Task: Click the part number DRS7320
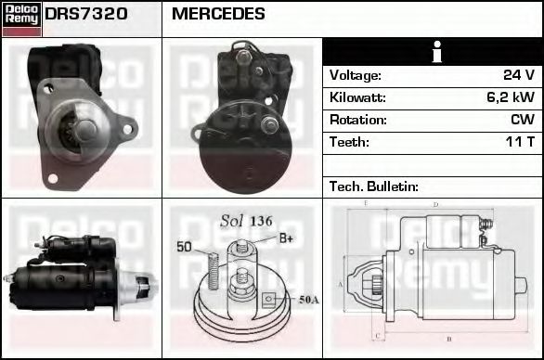click(86, 15)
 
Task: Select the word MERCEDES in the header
click(218, 15)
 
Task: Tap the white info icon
click(434, 52)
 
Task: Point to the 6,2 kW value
click(510, 97)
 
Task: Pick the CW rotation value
click(522, 120)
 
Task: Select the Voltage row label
click(356, 75)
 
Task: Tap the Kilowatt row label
click(357, 97)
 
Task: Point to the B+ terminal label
click(286, 239)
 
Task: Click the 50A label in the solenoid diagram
click(308, 299)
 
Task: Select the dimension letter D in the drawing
click(435, 204)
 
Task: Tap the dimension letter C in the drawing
click(375, 335)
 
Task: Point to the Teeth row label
click(348, 142)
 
